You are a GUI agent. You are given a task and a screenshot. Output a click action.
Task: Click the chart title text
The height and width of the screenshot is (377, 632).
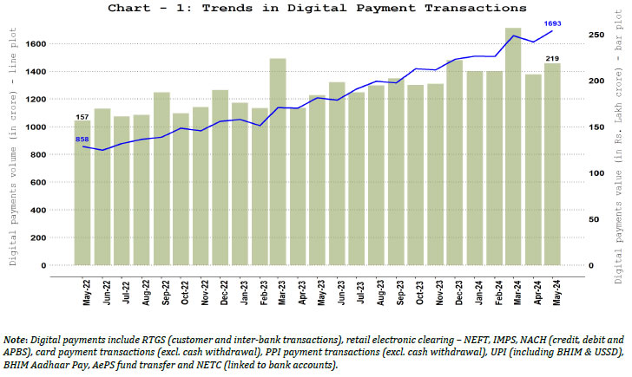pos(316,8)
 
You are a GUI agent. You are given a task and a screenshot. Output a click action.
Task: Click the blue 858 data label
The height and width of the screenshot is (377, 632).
pos(82,139)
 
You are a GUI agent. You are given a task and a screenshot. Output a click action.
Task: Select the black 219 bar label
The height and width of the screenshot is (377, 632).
pos(552,58)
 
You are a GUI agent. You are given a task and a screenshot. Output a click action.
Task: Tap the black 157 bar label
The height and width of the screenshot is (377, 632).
pos(82,116)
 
